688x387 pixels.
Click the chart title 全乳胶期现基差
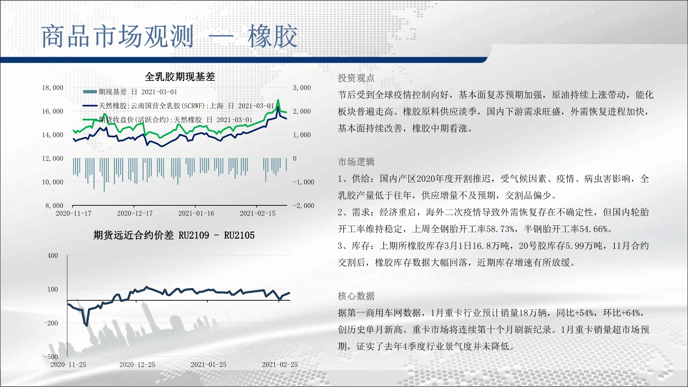pos(180,76)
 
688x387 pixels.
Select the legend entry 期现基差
pos(112,92)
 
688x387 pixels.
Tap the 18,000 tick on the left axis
pos(53,88)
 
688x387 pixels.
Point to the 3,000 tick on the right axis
pos(302,88)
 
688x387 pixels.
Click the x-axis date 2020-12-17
pos(135,213)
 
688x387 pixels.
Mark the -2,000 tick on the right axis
pos(303,206)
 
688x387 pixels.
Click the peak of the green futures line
pos(278,100)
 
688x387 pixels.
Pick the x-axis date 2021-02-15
pos(258,213)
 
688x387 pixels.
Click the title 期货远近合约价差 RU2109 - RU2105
pos(174,235)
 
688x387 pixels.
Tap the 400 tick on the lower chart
pos(53,256)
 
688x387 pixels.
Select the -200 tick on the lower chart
pos(51,323)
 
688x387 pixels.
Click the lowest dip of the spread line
pos(86,325)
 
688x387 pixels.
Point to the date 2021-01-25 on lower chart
pos(208,365)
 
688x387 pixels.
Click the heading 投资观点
pos(356,78)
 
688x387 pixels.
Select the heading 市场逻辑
pos(356,162)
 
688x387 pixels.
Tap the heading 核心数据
pos(356,296)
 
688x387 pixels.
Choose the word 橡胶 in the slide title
pos(272,36)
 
